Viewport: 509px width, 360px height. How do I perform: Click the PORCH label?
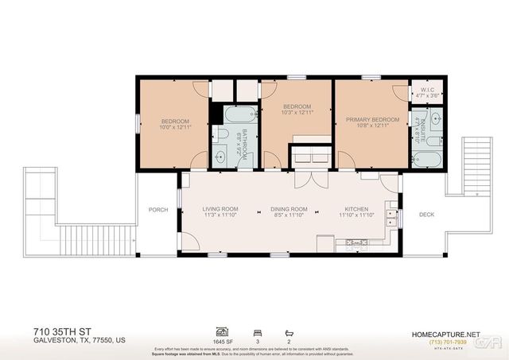(x=157, y=210)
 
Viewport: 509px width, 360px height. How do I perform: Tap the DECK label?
(x=427, y=213)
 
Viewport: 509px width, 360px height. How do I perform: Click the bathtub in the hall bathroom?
(x=238, y=116)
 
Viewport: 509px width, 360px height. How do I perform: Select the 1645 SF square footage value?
(x=222, y=341)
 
